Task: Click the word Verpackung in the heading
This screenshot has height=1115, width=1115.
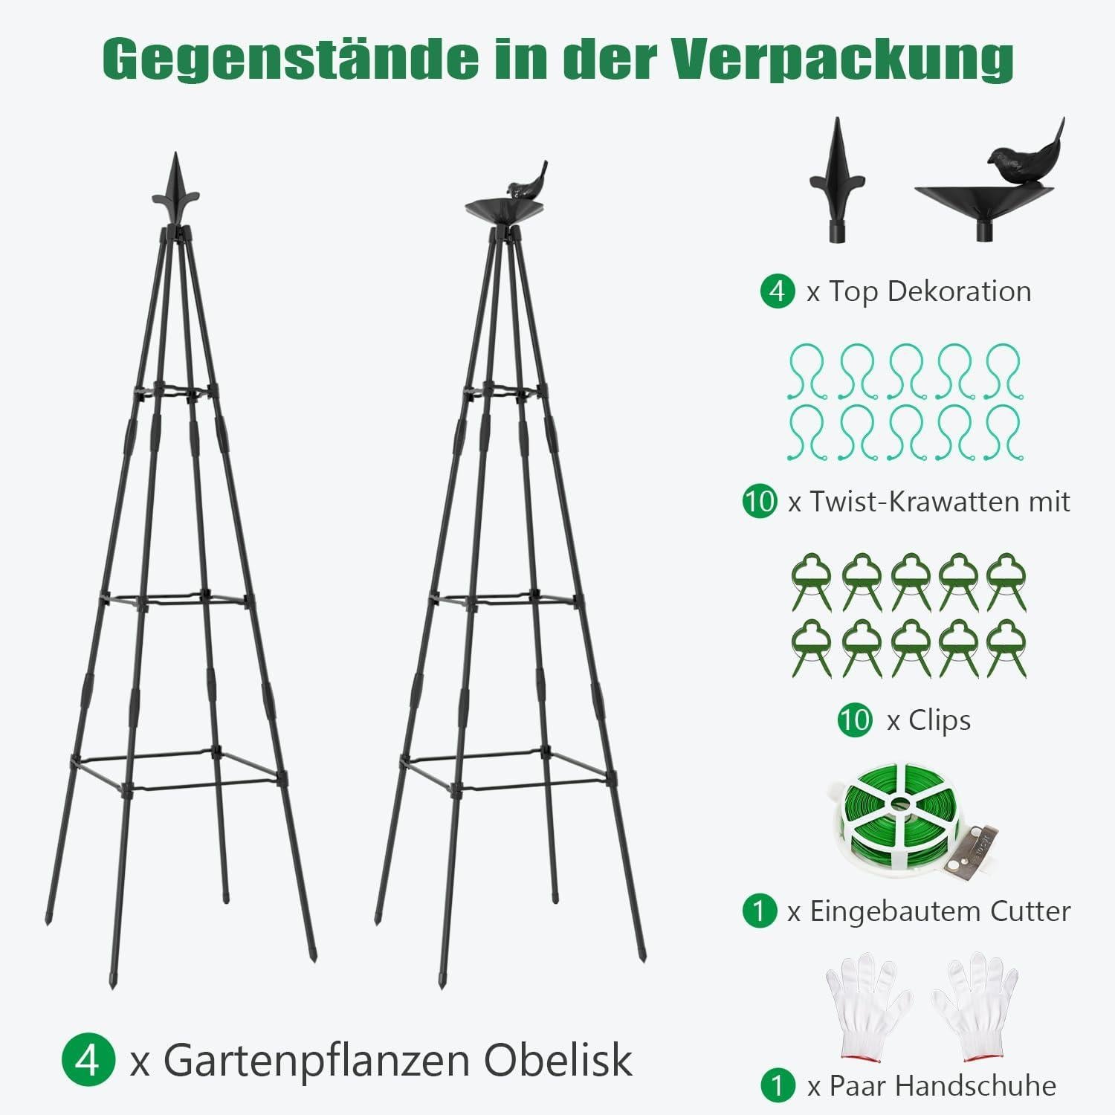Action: pyautogui.click(x=842, y=59)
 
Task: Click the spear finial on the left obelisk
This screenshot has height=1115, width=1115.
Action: pyautogui.click(x=175, y=188)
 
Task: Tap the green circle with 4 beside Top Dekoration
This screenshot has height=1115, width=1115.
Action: pyautogui.click(x=778, y=291)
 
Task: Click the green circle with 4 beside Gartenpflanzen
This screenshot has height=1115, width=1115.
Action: pyautogui.click(x=88, y=1060)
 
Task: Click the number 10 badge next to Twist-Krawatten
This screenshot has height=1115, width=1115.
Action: pyautogui.click(x=760, y=501)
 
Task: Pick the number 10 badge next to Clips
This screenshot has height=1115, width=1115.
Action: pyautogui.click(x=855, y=720)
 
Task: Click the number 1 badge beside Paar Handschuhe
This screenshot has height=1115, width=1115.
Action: pyautogui.click(x=778, y=1086)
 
